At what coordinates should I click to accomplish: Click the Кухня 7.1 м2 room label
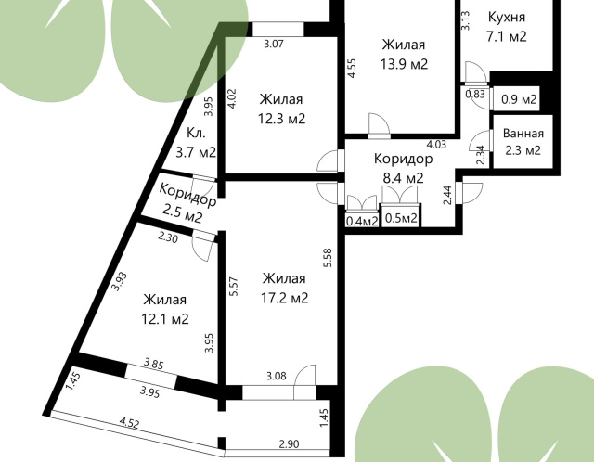pyautogui.click(x=507, y=27)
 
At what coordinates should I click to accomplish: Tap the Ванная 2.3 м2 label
pyautogui.click(x=523, y=142)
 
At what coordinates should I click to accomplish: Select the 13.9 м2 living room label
pyautogui.click(x=404, y=54)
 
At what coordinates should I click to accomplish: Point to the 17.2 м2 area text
pyautogui.click(x=285, y=298)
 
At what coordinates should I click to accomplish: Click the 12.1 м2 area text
pyautogui.click(x=165, y=319)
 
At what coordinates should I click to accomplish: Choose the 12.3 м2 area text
pyautogui.click(x=281, y=119)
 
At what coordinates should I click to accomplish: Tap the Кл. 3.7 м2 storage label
pyautogui.click(x=196, y=143)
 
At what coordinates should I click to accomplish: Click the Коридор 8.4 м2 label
pyautogui.click(x=403, y=168)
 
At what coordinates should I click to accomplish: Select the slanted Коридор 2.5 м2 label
pyautogui.click(x=186, y=203)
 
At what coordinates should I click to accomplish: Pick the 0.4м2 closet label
pyautogui.click(x=362, y=221)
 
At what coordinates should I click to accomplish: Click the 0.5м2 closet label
pyautogui.click(x=401, y=218)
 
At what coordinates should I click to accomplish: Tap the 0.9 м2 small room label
pyautogui.click(x=519, y=99)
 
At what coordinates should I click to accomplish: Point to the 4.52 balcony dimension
pyautogui.click(x=129, y=422)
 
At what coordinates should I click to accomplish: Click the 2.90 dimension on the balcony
pyautogui.click(x=289, y=443)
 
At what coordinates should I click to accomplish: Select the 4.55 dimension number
pyautogui.click(x=352, y=68)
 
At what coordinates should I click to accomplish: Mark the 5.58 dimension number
pyautogui.click(x=328, y=258)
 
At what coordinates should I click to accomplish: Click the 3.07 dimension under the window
pyautogui.click(x=274, y=44)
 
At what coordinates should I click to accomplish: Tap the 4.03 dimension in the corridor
pyautogui.click(x=436, y=145)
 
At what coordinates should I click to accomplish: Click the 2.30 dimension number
pyautogui.click(x=168, y=237)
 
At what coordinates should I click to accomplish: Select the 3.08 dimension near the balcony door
pyautogui.click(x=277, y=376)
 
